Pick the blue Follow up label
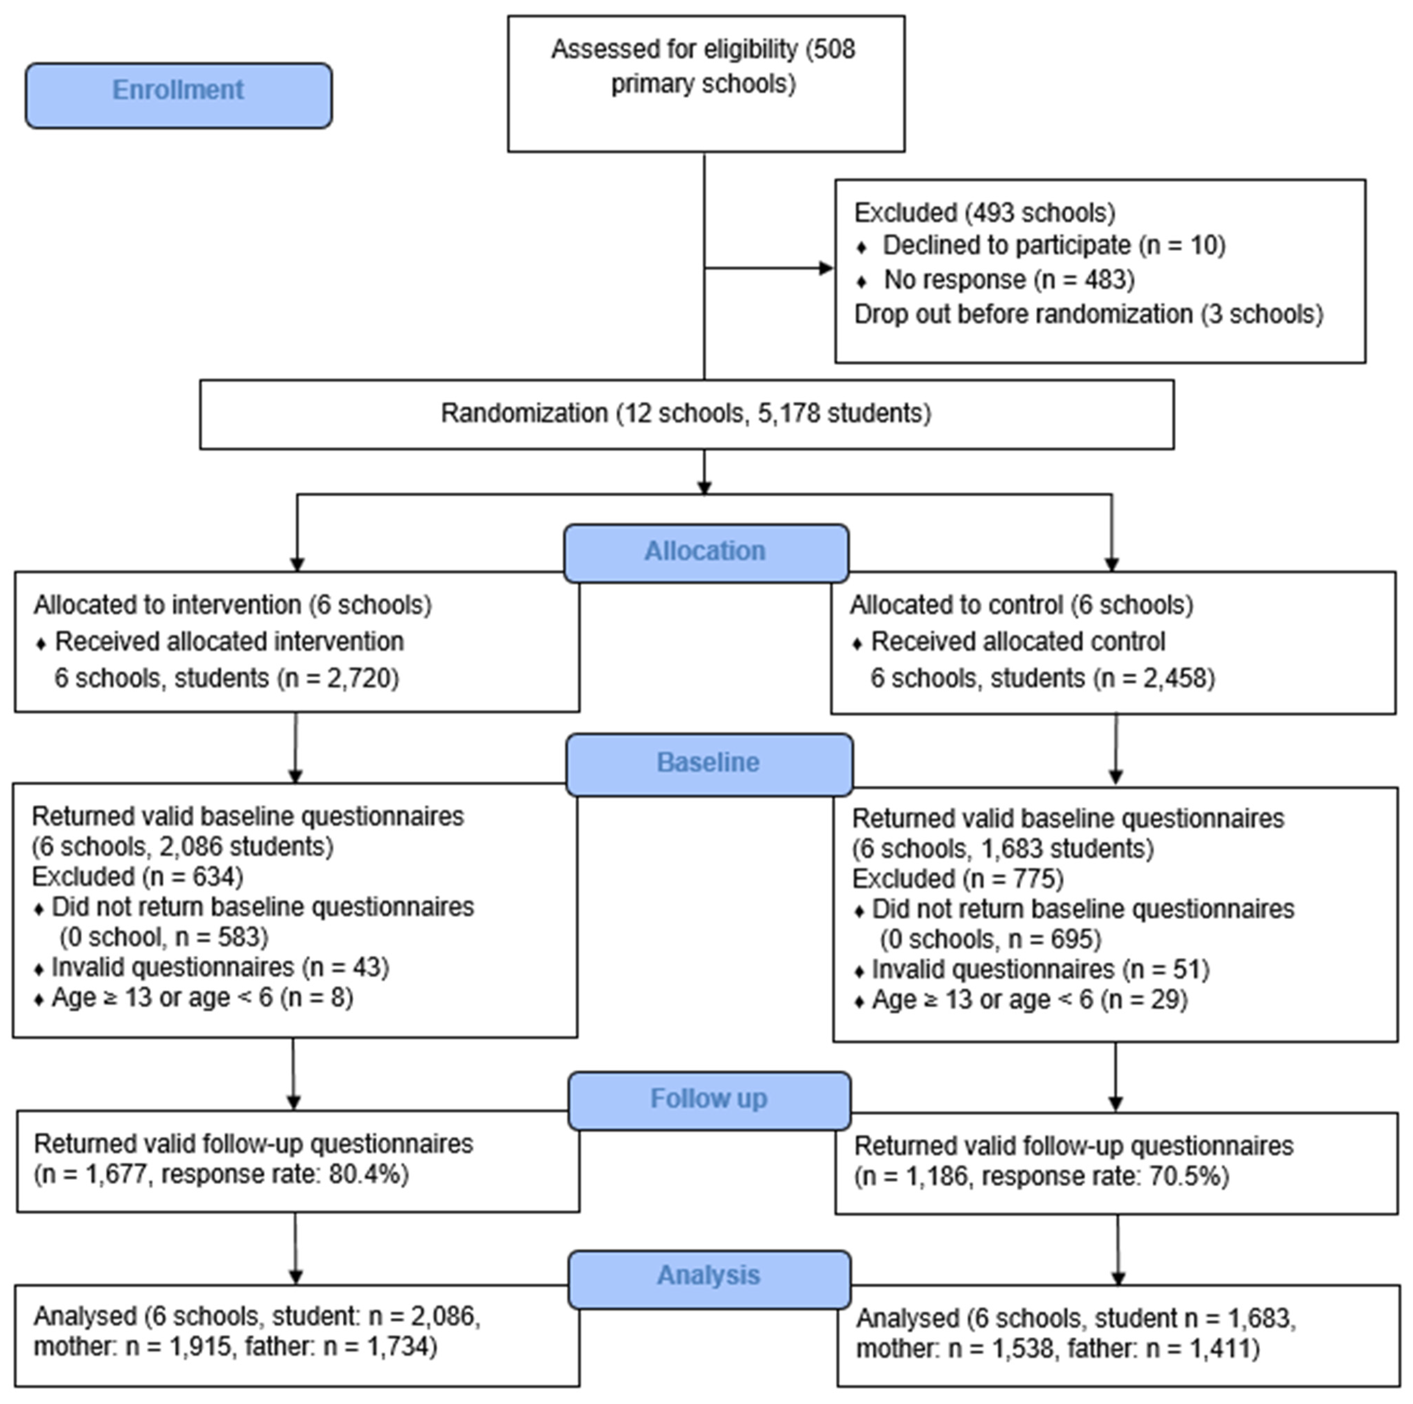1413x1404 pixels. click(709, 1099)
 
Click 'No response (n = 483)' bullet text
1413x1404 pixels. click(1009, 280)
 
